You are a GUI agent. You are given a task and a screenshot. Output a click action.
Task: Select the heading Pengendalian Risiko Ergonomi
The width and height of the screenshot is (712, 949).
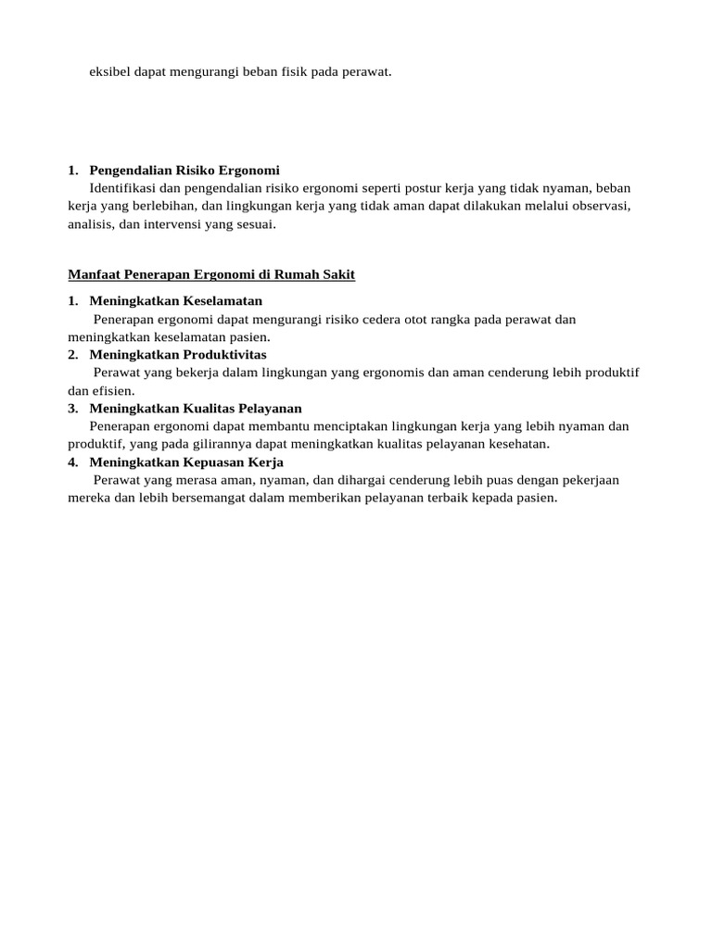click(x=184, y=170)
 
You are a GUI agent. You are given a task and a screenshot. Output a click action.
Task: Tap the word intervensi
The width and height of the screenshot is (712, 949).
click(x=165, y=223)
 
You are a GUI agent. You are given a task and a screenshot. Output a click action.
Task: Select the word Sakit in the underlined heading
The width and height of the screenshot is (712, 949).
click(x=337, y=275)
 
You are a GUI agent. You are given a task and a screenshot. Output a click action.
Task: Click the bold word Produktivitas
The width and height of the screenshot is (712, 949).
click(x=223, y=355)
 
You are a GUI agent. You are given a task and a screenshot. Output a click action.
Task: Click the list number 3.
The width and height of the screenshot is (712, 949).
click(x=72, y=409)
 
